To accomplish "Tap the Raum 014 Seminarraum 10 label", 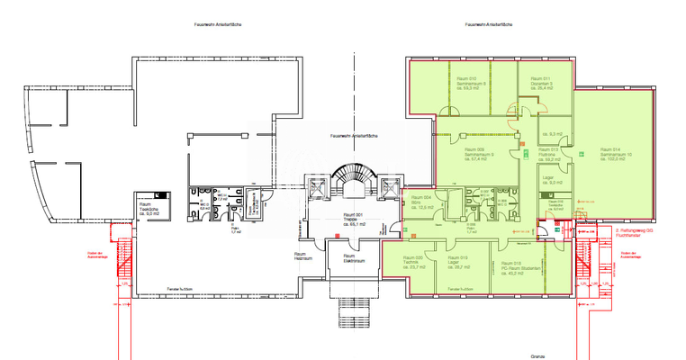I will click(616, 154).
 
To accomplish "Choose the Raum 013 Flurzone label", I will click(551, 154).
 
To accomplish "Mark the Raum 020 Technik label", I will click(412, 262).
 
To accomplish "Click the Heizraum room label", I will click(302, 257).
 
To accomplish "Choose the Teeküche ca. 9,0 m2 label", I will click(146, 209).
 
